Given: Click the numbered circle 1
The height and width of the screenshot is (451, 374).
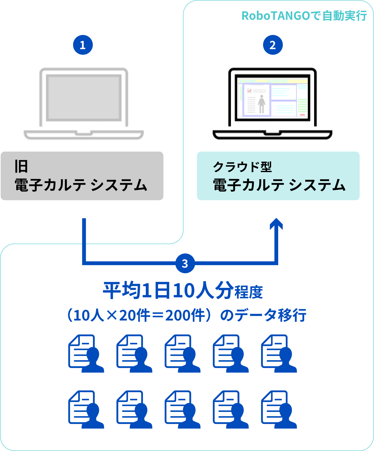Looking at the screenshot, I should pyautogui.click(x=83, y=45).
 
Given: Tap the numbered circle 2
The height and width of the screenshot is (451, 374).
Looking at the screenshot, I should pyautogui.click(x=273, y=45).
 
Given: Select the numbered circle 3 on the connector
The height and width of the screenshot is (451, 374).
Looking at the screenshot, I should pyautogui.click(x=185, y=263).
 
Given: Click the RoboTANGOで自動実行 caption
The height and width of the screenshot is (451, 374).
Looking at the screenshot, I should pyautogui.click(x=304, y=16).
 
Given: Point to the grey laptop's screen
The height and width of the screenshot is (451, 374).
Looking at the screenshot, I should pyautogui.click(x=84, y=98).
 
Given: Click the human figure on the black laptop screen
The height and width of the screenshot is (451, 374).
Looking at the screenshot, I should pyautogui.click(x=261, y=104).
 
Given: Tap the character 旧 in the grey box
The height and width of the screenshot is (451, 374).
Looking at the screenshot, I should pyautogui.click(x=21, y=166).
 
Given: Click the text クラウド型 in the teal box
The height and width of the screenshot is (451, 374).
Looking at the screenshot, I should pyautogui.click(x=242, y=167).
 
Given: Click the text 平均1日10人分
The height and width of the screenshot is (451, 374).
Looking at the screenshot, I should pyautogui.click(x=168, y=291).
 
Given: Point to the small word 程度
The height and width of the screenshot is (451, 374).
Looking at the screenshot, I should pyautogui.click(x=249, y=292).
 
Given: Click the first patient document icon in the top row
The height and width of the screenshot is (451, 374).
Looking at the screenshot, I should pyautogui.click(x=86, y=354).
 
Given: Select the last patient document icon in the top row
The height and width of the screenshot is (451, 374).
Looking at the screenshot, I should pyautogui.click(x=279, y=354).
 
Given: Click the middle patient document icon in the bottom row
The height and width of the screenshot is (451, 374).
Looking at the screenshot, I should pyautogui.click(x=182, y=410).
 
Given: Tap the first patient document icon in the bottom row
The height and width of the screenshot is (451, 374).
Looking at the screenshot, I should pyautogui.click(x=86, y=410).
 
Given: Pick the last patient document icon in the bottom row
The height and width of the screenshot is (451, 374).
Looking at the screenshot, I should pyautogui.click(x=279, y=410).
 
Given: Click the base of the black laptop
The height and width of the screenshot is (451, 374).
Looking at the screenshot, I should pyautogui.click(x=272, y=134).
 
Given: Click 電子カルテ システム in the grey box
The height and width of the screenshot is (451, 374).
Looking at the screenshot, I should pyautogui.click(x=81, y=185).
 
